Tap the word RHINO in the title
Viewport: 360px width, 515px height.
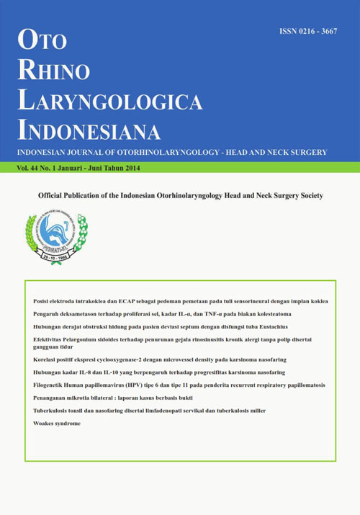click(57, 69)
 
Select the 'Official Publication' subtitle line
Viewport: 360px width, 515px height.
click(180, 196)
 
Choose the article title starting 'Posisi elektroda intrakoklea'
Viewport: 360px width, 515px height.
click(180, 300)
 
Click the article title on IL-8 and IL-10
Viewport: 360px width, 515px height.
click(159, 372)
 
